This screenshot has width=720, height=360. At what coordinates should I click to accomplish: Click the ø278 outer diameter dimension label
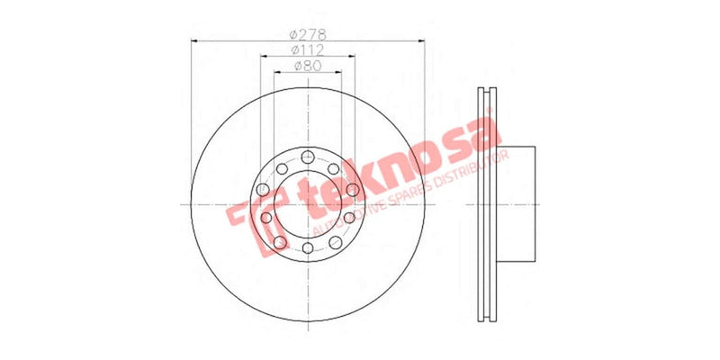(x=307, y=33)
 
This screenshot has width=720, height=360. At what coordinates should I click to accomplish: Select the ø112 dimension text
(x=307, y=49)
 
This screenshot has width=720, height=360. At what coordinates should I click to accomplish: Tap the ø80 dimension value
(x=307, y=66)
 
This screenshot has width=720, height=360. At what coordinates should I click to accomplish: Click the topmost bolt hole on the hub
(x=307, y=155)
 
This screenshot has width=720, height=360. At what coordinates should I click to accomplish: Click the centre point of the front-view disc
(x=307, y=202)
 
